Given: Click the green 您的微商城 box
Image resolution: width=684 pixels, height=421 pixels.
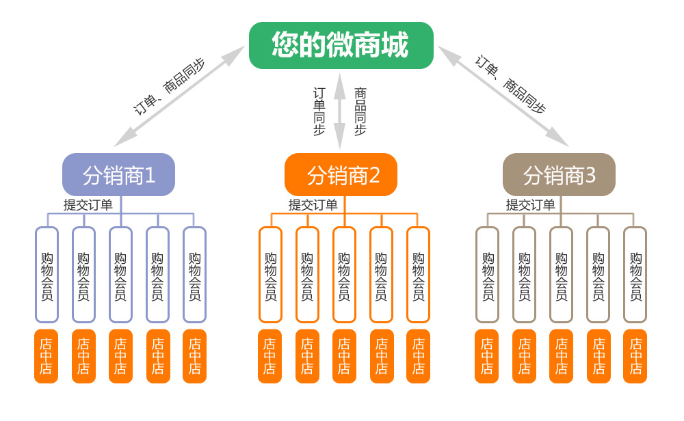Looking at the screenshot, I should (x=341, y=46).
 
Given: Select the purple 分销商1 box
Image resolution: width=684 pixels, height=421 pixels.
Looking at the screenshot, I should (x=119, y=175).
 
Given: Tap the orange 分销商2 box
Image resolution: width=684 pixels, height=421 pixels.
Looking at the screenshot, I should (x=341, y=175).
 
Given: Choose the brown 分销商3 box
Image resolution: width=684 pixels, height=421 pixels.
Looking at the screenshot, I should (x=559, y=175).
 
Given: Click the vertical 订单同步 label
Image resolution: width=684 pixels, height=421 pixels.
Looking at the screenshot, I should (x=319, y=111).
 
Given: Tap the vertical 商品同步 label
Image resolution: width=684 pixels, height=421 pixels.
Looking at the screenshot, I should (x=360, y=111).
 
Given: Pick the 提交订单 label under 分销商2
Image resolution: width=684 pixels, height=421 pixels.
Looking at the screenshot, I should (x=313, y=204).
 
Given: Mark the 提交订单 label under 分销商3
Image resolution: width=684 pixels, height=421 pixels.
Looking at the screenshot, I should (x=530, y=204).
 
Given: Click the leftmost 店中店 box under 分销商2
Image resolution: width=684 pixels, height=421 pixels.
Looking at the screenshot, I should (x=270, y=356).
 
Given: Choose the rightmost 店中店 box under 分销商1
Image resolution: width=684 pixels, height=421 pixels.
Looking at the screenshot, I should (x=194, y=356).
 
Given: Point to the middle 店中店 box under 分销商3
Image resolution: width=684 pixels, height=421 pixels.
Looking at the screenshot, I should (x=561, y=356).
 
